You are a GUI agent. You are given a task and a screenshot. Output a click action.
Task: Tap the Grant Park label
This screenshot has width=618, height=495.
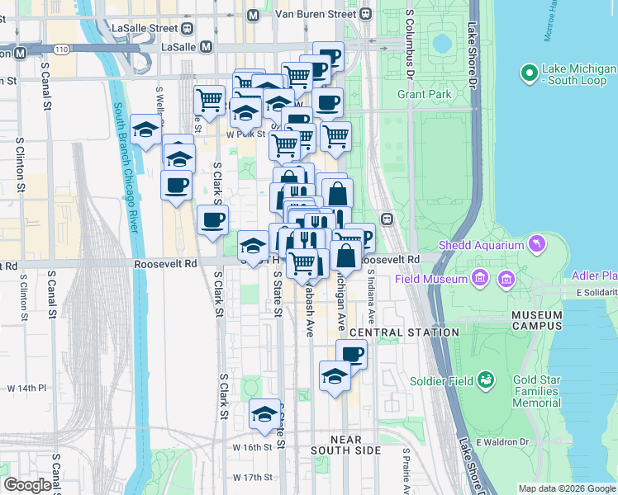click(424, 95)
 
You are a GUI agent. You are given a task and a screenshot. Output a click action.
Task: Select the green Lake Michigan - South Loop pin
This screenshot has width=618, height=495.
click(530, 74)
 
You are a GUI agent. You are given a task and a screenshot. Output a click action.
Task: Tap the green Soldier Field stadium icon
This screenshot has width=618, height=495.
click(487, 380)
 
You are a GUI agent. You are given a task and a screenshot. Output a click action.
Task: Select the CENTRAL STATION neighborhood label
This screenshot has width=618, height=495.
click(404, 332)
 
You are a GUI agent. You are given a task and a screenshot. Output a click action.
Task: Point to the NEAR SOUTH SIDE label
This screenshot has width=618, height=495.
click(345, 445)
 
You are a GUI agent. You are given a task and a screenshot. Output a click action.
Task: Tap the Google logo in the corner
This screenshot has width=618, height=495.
click(26, 485)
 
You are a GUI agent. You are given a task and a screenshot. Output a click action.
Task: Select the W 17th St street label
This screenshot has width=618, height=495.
click(252, 478)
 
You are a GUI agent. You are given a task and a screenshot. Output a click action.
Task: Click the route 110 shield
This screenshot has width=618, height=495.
click(61, 49)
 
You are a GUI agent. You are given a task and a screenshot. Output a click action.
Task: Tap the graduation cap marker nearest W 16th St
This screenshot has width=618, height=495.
click(264, 414)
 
